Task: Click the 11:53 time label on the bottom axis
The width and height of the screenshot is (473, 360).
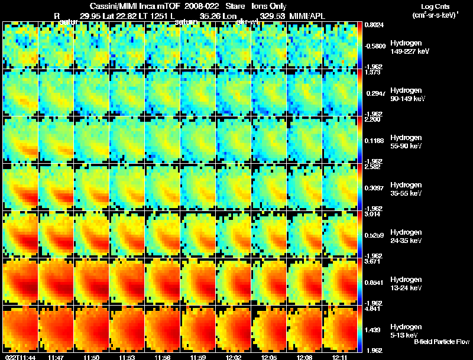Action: (x=126, y=356)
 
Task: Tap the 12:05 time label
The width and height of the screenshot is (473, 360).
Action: (x=268, y=356)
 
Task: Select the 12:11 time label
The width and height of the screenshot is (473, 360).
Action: (x=339, y=356)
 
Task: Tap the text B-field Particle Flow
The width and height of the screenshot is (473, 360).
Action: (x=441, y=342)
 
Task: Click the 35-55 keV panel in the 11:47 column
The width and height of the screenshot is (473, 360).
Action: (x=56, y=187)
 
